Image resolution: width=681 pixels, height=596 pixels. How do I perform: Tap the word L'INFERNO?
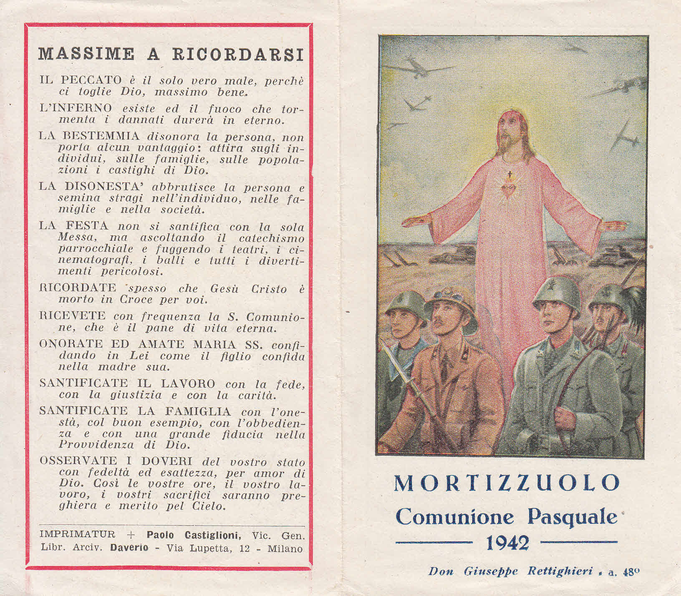point(76,109)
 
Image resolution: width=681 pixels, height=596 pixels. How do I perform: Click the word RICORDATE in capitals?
point(78,288)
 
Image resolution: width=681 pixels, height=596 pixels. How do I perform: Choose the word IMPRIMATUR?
point(77,535)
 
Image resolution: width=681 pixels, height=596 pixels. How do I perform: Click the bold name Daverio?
point(129,548)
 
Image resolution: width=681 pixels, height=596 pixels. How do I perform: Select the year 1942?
point(507,543)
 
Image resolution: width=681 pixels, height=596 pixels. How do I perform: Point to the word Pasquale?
point(572,517)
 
